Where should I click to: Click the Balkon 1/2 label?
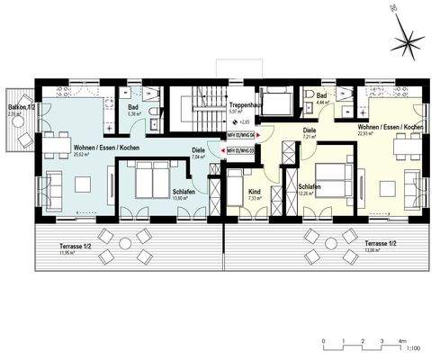click(19, 107)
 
